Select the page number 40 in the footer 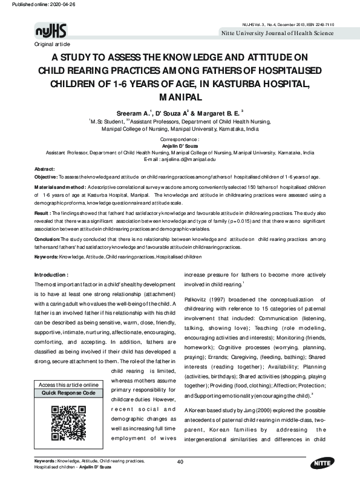coord(180,462)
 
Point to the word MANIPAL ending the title coord(180,97)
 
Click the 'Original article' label coord(53,45)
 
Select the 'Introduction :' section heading coord(55,275)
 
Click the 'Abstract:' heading coord(45,168)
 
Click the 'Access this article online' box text coord(68,385)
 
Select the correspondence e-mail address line coord(180,159)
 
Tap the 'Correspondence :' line coord(180,139)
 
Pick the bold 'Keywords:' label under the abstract coord(47,257)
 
